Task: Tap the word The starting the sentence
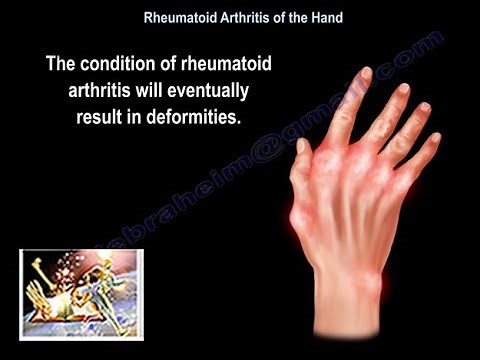coord(61,66)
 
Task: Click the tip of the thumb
coord(302,146)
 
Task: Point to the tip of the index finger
coord(366,73)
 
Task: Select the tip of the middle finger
coord(402,89)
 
